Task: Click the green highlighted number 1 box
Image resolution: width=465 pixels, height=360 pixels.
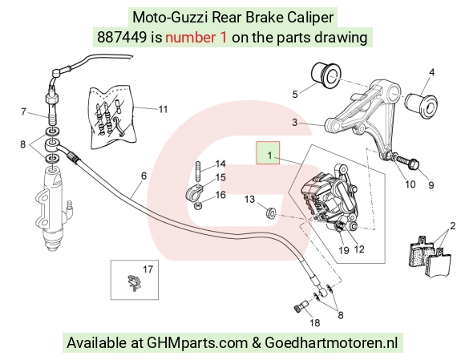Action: (268, 152)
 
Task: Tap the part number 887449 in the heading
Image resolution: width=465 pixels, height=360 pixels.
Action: (122, 38)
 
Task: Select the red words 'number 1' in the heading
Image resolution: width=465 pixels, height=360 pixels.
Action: (196, 38)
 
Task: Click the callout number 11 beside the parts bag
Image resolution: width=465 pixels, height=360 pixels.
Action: (164, 109)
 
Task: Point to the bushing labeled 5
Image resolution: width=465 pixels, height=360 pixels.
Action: (326, 75)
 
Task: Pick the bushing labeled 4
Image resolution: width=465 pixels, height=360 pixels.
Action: (421, 104)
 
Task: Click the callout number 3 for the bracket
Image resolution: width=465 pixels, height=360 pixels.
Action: (294, 122)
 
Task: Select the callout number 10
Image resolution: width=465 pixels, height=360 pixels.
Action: (410, 184)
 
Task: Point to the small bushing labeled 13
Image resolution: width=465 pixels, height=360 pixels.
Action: (271, 213)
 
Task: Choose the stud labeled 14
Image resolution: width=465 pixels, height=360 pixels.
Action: (198, 170)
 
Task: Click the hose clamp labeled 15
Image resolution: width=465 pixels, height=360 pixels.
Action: (195, 192)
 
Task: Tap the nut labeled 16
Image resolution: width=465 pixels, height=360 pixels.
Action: (197, 205)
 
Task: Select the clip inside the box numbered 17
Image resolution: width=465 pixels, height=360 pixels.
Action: (133, 282)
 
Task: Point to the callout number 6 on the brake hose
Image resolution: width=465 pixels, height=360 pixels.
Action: (144, 176)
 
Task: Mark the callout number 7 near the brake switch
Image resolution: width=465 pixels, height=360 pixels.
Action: (24, 111)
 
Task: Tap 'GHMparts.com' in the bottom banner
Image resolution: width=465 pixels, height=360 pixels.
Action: (197, 343)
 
